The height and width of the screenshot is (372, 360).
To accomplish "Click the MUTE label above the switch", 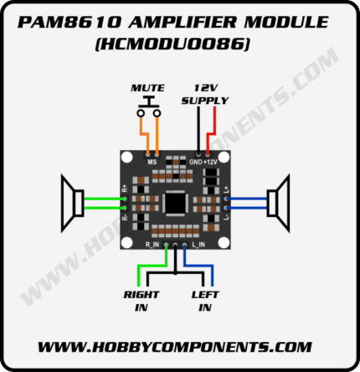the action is pyautogui.click(x=148, y=88).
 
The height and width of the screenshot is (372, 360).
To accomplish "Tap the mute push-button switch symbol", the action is pyautogui.click(x=149, y=106).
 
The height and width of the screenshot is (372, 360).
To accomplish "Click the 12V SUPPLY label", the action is pyautogui.click(x=205, y=95).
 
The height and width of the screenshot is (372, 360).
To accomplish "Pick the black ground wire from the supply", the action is pyautogui.click(x=198, y=131).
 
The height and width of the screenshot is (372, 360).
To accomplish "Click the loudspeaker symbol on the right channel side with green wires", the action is pyautogui.click(x=73, y=203).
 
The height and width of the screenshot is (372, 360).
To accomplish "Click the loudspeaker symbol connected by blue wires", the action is pyautogui.click(x=278, y=203).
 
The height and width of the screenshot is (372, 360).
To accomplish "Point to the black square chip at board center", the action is pyautogui.click(x=175, y=203).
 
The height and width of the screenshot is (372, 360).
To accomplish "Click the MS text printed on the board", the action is pyautogui.click(x=152, y=162).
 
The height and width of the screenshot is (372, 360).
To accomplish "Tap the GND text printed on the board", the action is pyautogui.click(x=195, y=162).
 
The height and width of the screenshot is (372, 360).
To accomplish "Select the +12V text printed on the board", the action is pyautogui.click(x=210, y=162).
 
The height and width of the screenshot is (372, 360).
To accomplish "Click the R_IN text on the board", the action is pyautogui.click(x=152, y=245).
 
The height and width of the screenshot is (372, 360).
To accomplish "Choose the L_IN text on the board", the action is pyautogui.click(x=198, y=245).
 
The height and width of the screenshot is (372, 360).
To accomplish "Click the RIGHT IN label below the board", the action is pyautogui.click(x=141, y=301).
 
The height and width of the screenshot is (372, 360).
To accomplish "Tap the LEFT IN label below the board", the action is pyautogui.click(x=205, y=301).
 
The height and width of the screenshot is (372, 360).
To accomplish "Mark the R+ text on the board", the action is pyautogui.click(x=125, y=188).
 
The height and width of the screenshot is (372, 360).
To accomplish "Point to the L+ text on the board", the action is pyautogui.click(x=226, y=189).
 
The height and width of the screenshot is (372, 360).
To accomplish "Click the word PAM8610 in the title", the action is pyautogui.click(x=69, y=22).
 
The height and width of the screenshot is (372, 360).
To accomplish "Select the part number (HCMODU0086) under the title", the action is pyautogui.click(x=172, y=44).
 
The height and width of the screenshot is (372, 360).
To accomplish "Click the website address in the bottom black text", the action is pyautogui.click(x=175, y=347).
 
